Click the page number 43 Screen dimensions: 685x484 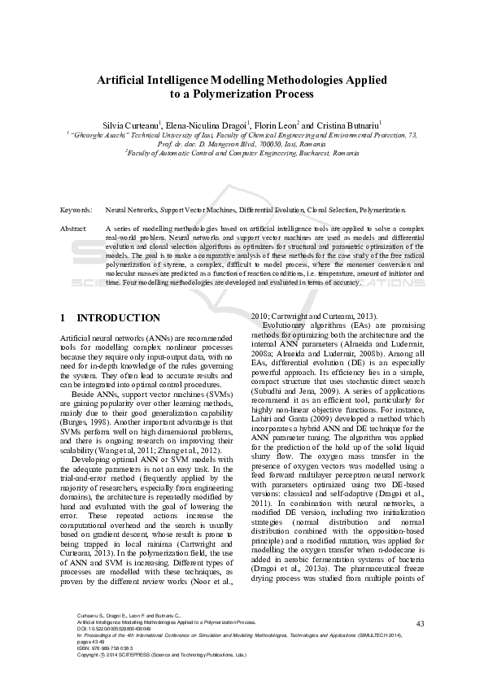point(420,647)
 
